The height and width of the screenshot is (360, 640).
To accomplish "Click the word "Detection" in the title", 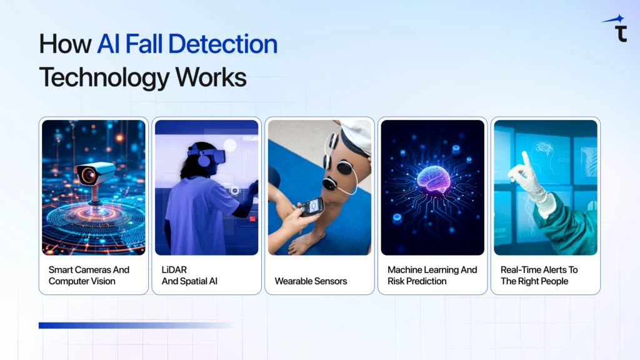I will [223, 44].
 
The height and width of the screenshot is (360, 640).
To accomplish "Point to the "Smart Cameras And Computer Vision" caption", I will [89, 276].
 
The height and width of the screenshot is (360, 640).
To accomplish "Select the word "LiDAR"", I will [174, 270].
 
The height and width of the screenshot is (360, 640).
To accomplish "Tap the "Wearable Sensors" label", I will [311, 281].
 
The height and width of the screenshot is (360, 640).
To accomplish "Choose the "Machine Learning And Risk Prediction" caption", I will [432, 276].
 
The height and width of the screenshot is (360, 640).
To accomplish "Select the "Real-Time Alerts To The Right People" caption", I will [539, 276].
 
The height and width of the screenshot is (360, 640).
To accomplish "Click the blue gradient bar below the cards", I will [137, 325].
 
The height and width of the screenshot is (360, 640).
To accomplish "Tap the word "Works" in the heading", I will [211, 77].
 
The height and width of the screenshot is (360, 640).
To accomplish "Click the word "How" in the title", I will [65, 44].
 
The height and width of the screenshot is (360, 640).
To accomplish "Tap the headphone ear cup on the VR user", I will [202, 160].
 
